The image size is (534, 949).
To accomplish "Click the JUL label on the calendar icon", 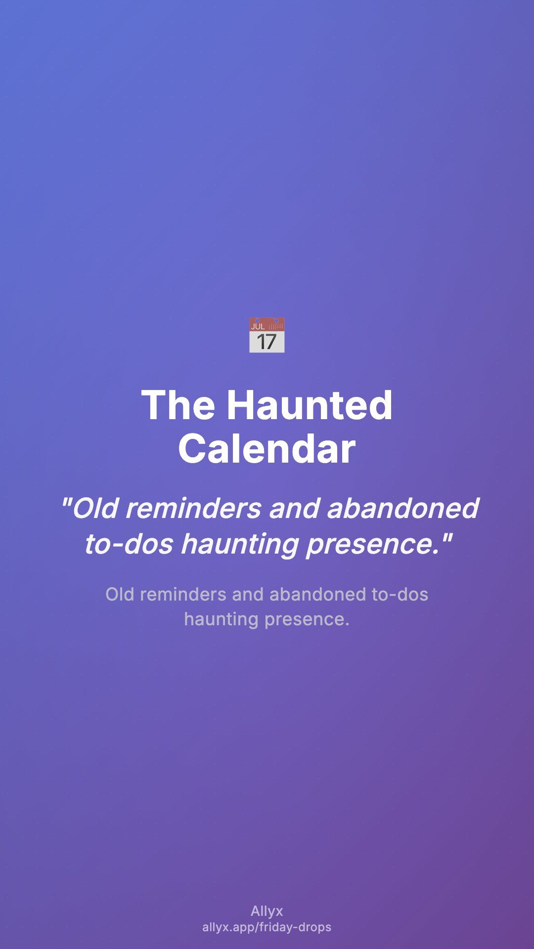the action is [x=258, y=326].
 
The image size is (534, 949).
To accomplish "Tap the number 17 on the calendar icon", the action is [x=267, y=342].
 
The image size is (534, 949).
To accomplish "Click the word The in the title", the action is [x=178, y=405].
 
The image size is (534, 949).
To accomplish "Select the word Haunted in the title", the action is [x=310, y=405].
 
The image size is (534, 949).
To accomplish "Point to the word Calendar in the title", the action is [x=267, y=448].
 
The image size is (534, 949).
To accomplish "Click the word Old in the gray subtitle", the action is [x=120, y=594].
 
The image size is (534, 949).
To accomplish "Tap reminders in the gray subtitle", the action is [x=183, y=594].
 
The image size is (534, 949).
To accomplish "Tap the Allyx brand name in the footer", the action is [x=267, y=911].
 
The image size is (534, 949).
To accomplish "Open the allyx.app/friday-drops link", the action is [x=267, y=927].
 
